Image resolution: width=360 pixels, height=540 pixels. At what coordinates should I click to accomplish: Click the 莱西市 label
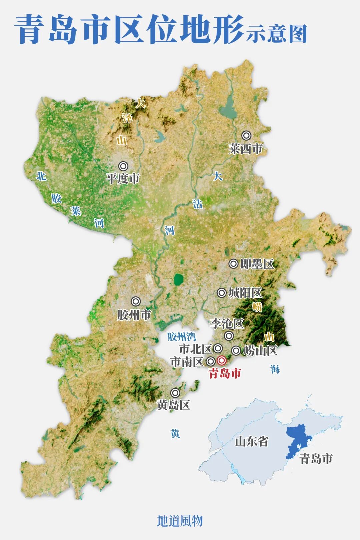click(x=246, y=149)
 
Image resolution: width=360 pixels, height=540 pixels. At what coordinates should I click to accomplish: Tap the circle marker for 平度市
click(x=123, y=166)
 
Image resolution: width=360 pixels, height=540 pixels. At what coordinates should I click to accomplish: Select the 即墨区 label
click(x=257, y=264)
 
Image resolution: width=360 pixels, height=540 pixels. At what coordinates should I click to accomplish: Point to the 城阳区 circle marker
click(x=222, y=293)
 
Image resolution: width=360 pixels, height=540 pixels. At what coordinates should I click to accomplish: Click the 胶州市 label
click(x=134, y=315)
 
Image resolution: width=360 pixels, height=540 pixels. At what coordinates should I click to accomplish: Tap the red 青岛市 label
click(x=225, y=373)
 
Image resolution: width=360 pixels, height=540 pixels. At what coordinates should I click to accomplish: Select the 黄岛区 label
click(x=173, y=405)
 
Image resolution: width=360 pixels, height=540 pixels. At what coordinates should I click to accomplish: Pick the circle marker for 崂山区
click(x=236, y=351)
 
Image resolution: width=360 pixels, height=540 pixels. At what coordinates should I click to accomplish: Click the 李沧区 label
click(x=227, y=323)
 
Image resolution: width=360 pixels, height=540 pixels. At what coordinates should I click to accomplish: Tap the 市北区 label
click(x=196, y=349)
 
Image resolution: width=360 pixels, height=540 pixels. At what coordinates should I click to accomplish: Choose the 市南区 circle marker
click(x=211, y=361)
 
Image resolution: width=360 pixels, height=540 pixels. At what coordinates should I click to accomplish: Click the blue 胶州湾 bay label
click(x=181, y=337)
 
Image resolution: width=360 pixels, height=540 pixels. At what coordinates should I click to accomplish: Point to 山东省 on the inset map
click(x=251, y=442)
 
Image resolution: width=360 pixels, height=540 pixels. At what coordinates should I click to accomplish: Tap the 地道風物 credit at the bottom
click(x=180, y=521)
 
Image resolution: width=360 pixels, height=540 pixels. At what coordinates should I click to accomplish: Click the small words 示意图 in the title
click(x=277, y=34)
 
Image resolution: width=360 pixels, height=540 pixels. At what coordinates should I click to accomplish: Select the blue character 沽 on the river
click(x=197, y=204)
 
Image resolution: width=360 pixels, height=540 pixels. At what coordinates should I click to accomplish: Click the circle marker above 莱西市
click(x=246, y=135)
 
